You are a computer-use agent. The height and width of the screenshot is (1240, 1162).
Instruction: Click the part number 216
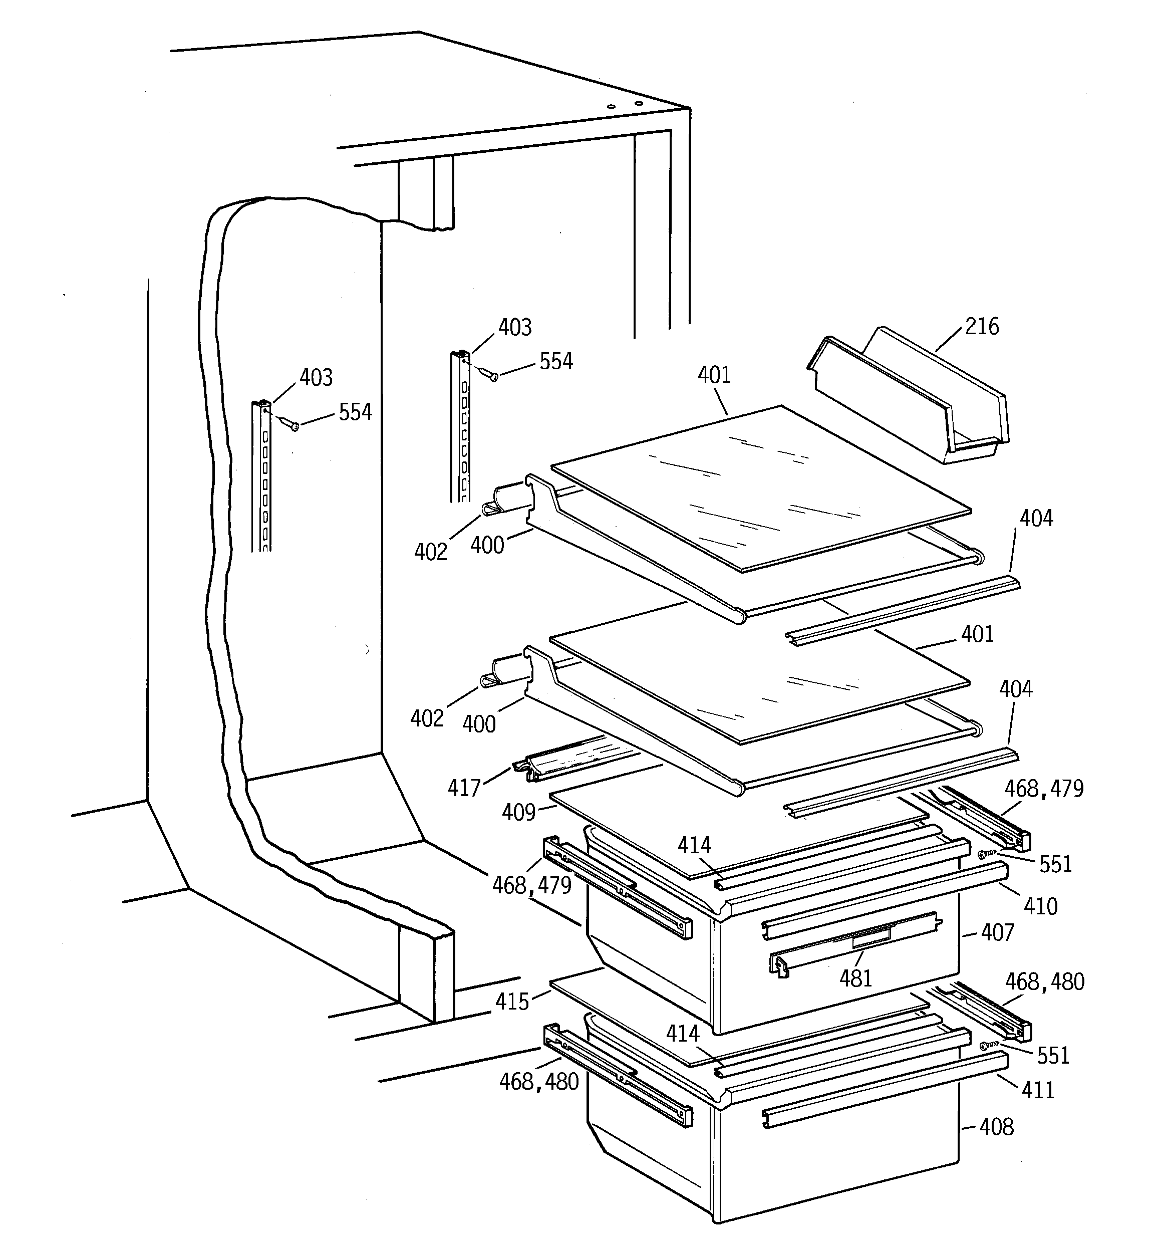click(x=982, y=327)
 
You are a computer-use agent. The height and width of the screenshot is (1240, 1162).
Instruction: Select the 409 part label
click(x=519, y=813)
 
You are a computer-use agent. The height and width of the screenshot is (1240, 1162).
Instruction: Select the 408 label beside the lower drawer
click(x=996, y=1127)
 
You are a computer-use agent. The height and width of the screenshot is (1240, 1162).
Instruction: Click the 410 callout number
click(x=1040, y=906)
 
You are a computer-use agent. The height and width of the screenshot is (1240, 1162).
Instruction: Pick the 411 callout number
click(x=1038, y=1090)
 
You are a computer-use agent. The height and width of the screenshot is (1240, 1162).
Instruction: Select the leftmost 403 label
click(x=316, y=378)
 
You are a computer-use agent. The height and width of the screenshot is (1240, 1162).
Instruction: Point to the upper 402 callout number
click(x=430, y=552)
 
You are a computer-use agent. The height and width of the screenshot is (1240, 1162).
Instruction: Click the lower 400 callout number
click(x=479, y=724)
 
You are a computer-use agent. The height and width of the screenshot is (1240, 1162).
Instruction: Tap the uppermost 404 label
click(x=1036, y=519)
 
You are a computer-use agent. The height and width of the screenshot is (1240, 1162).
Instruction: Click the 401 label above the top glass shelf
click(x=714, y=375)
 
